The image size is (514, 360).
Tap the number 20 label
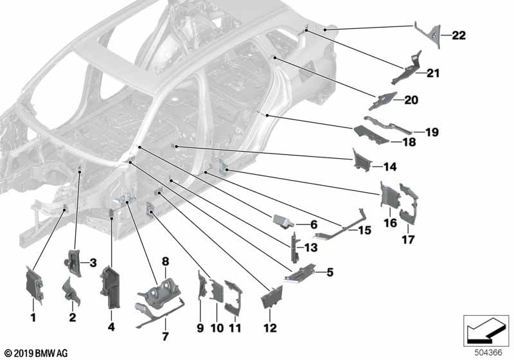click(x=410, y=100)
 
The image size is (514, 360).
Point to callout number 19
click(x=430, y=132)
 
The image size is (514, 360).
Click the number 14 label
click(x=390, y=167)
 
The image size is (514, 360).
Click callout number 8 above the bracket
click(x=165, y=262)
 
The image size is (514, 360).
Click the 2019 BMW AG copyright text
click(x=35, y=353)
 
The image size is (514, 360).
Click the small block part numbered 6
click(x=283, y=221)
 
